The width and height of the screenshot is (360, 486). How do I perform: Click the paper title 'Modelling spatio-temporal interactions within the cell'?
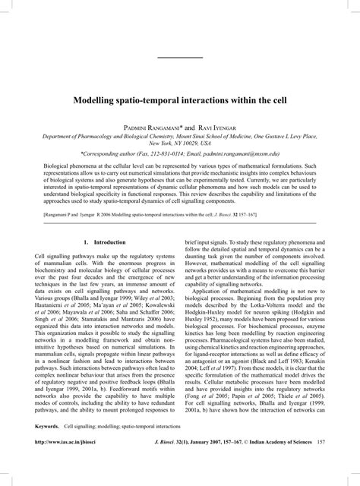tap(180, 99)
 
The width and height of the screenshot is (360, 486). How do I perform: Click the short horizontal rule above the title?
tap(180, 58)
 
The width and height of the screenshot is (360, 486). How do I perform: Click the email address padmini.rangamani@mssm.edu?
tap(263, 151)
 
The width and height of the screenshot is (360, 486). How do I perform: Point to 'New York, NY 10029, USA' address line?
tap(180, 142)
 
